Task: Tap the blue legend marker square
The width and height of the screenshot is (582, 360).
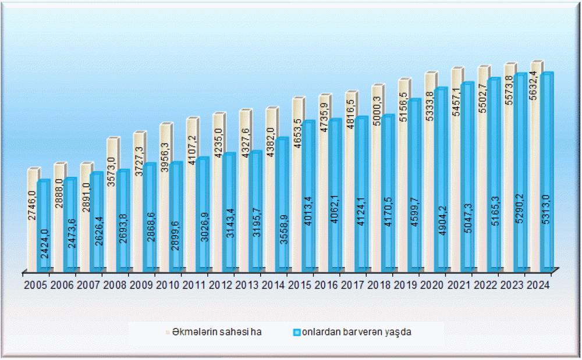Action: coord(296,332)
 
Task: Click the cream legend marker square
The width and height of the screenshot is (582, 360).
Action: coord(169,332)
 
